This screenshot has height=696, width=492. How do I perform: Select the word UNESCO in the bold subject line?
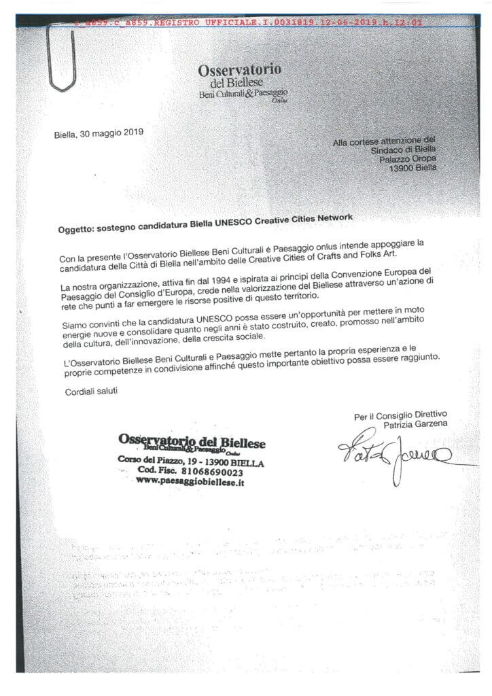(x=234, y=225)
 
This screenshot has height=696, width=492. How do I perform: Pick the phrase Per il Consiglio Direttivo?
(x=400, y=415)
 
